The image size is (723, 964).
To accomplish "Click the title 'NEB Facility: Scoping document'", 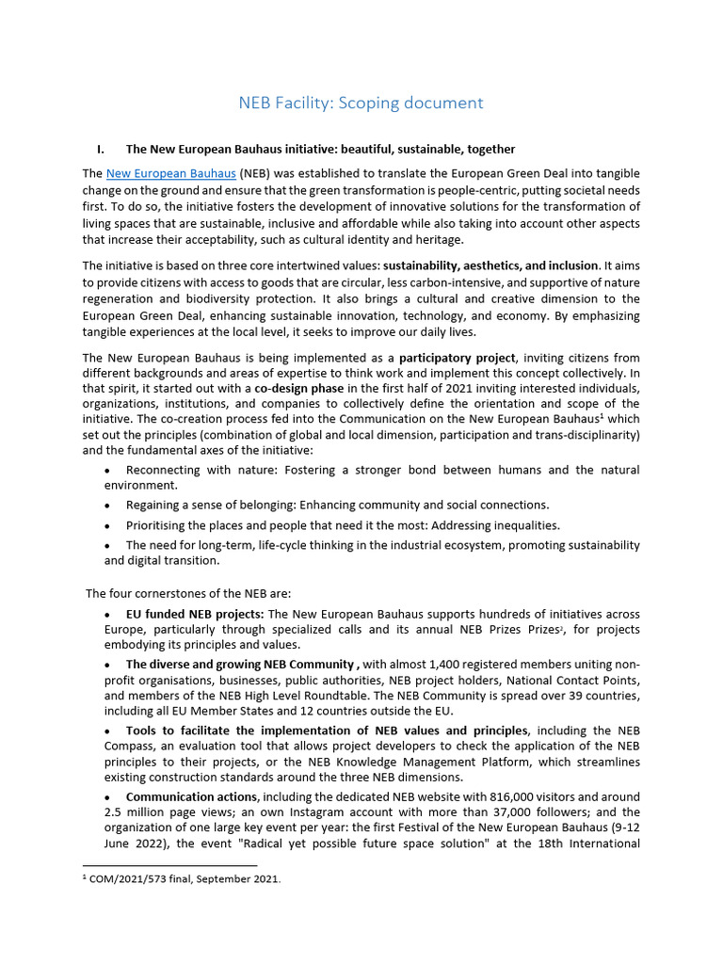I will [x=361, y=103].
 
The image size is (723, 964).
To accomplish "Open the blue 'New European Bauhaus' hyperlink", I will [x=170, y=174].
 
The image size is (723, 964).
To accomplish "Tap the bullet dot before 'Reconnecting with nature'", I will [x=110, y=470].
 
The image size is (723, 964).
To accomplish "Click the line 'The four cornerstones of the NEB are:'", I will [x=189, y=593].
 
